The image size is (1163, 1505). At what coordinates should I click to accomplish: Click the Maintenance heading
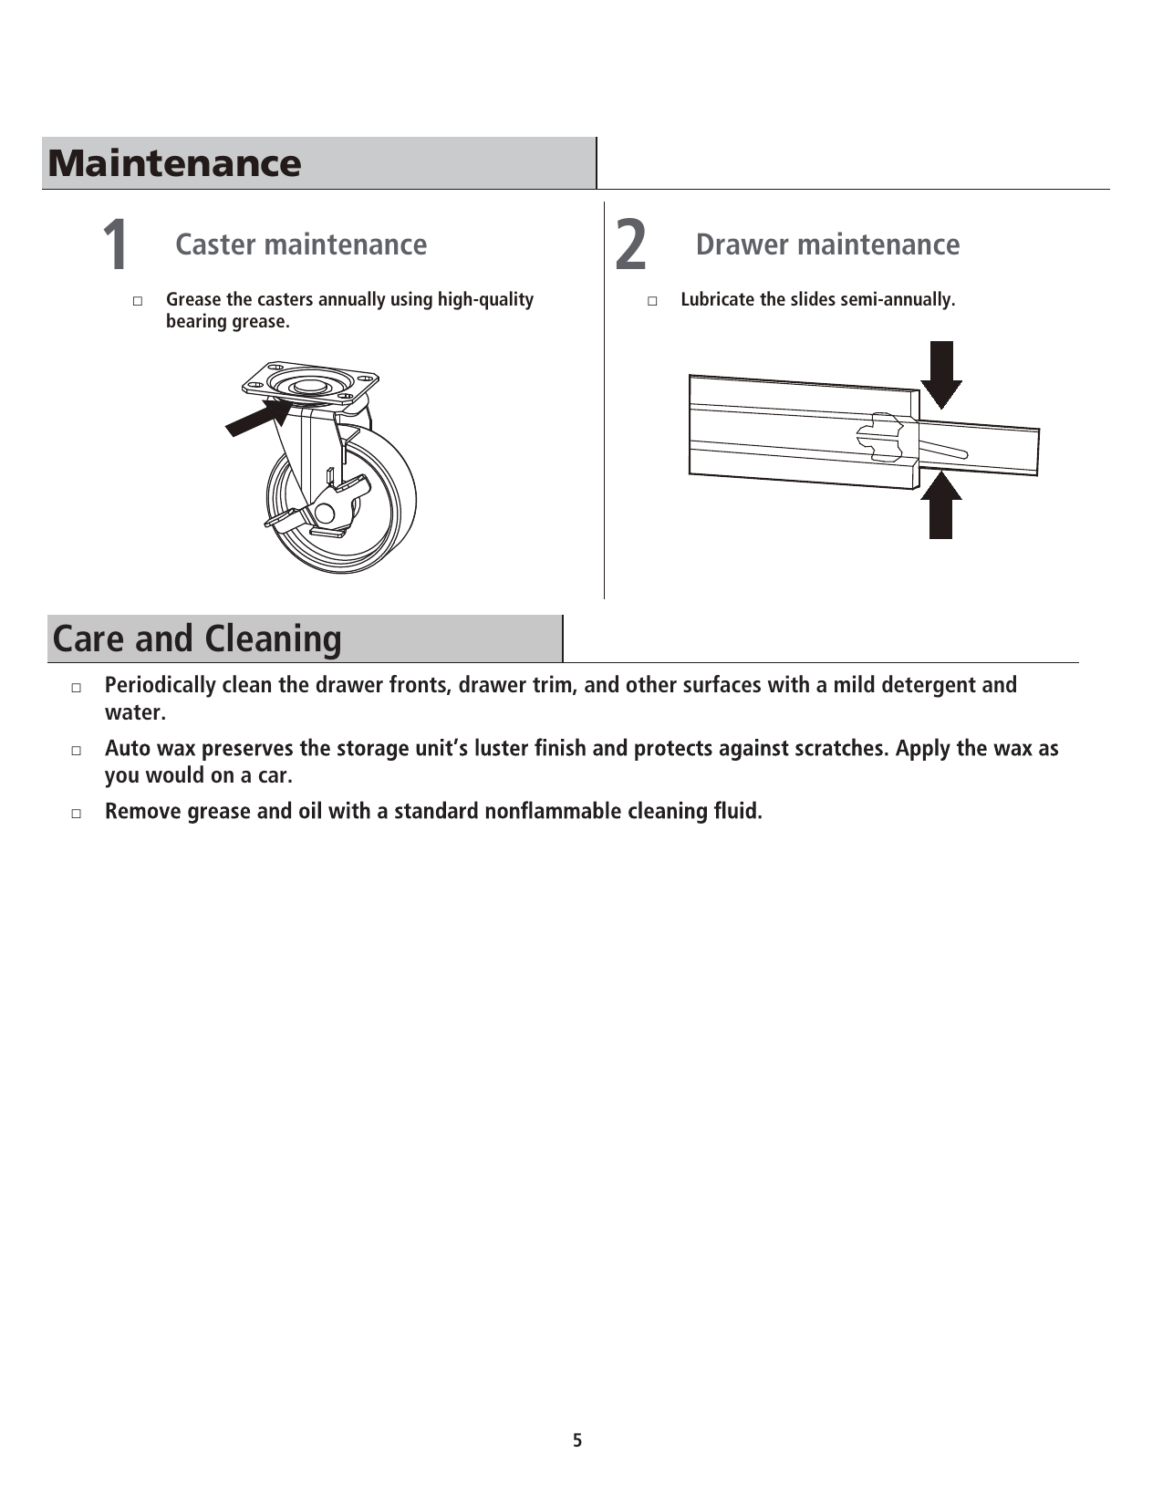click(174, 163)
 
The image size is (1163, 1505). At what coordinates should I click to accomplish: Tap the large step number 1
click(115, 245)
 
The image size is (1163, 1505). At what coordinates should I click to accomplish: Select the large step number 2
click(630, 245)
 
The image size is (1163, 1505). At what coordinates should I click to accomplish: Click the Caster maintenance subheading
click(301, 244)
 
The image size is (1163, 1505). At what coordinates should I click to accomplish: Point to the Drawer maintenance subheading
click(827, 244)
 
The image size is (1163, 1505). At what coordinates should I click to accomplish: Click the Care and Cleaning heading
click(197, 638)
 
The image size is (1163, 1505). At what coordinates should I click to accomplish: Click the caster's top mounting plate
click(310, 383)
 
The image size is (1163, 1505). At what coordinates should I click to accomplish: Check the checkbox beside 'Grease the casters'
click(138, 300)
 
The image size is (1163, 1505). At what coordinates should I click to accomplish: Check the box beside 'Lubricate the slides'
click(652, 300)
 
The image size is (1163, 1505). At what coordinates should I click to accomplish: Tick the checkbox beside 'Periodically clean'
click(77, 686)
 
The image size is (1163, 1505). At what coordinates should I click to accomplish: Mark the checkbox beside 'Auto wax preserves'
click(77, 750)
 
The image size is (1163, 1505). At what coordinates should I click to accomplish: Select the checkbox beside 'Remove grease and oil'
click(77, 813)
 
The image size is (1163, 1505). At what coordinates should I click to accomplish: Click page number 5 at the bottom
click(576, 1440)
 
